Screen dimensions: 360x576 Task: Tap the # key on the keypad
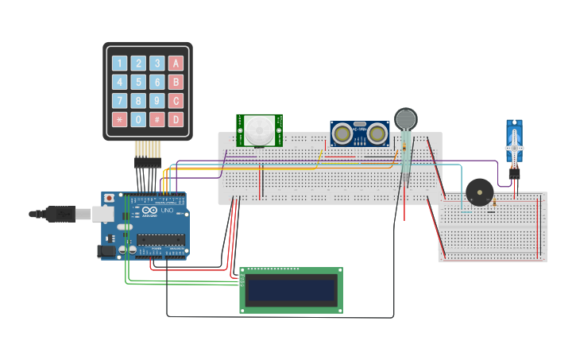157,119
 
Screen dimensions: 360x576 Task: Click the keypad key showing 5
138,82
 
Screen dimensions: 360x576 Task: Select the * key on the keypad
120,119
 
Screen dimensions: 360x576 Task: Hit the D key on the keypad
176,119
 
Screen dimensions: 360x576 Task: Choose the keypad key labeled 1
120,64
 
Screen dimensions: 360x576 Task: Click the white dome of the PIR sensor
258,130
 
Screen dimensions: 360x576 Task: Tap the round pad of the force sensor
406,118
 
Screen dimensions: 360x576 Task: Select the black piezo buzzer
479,192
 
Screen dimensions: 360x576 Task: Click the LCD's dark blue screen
291,290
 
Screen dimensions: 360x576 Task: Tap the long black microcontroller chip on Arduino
161,239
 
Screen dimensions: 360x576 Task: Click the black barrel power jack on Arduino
104,251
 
